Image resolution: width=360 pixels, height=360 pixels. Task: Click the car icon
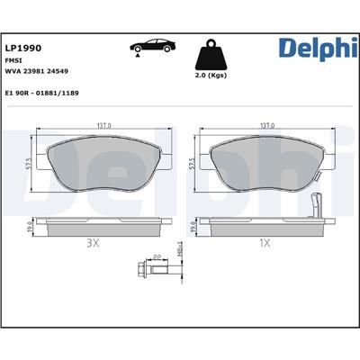point(151,47)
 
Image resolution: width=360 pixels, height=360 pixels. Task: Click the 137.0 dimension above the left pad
point(103,126)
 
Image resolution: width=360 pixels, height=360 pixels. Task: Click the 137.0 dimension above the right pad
point(265,126)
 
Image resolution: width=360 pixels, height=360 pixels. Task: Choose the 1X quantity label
point(265,243)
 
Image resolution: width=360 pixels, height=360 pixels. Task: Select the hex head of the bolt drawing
point(140,271)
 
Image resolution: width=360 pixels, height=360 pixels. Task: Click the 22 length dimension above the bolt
point(157,257)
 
